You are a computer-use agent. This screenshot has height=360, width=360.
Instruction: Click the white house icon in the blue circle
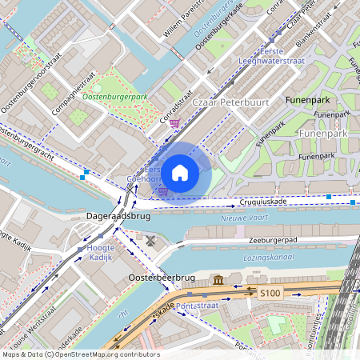tap(180, 172)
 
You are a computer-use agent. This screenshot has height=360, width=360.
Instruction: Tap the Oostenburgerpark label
tap(115, 98)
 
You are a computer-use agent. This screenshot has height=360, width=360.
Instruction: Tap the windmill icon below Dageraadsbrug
tap(150, 239)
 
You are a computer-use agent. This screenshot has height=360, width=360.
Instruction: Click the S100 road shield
tap(270, 294)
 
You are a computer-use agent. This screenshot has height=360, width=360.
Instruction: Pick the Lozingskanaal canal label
tap(267, 257)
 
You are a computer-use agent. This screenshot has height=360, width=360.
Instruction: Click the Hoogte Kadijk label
tap(101, 252)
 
